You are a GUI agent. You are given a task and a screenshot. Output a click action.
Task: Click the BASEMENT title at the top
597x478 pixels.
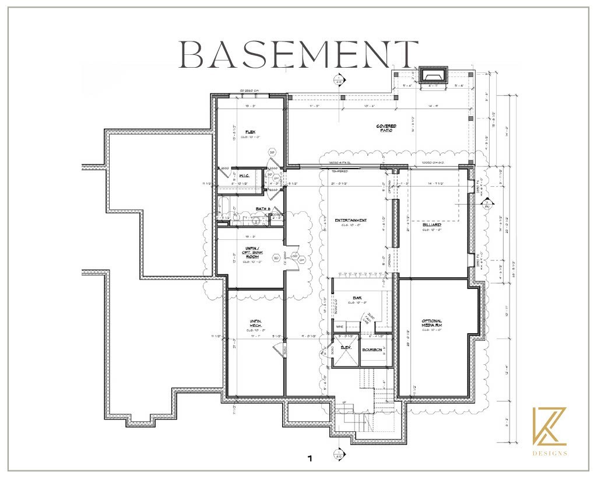(298, 55)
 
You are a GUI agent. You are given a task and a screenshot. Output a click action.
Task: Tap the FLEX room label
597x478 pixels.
(251, 132)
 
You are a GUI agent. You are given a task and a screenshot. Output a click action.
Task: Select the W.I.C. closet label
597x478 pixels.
(244, 175)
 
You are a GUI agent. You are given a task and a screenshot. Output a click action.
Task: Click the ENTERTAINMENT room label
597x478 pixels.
(350, 221)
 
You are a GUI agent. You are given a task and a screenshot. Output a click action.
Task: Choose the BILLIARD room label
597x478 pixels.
(432, 224)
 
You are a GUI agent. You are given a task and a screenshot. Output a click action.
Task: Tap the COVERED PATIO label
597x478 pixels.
(387, 128)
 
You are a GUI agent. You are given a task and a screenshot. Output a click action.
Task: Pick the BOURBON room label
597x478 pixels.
(372, 350)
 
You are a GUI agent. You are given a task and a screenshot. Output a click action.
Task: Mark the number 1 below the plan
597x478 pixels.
(310, 459)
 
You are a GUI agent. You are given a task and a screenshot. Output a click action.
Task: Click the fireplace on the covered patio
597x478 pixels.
(431, 75)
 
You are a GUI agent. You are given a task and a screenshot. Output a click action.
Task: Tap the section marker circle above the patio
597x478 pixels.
(338, 79)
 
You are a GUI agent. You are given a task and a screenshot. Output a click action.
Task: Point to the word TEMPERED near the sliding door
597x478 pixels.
(340, 171)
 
